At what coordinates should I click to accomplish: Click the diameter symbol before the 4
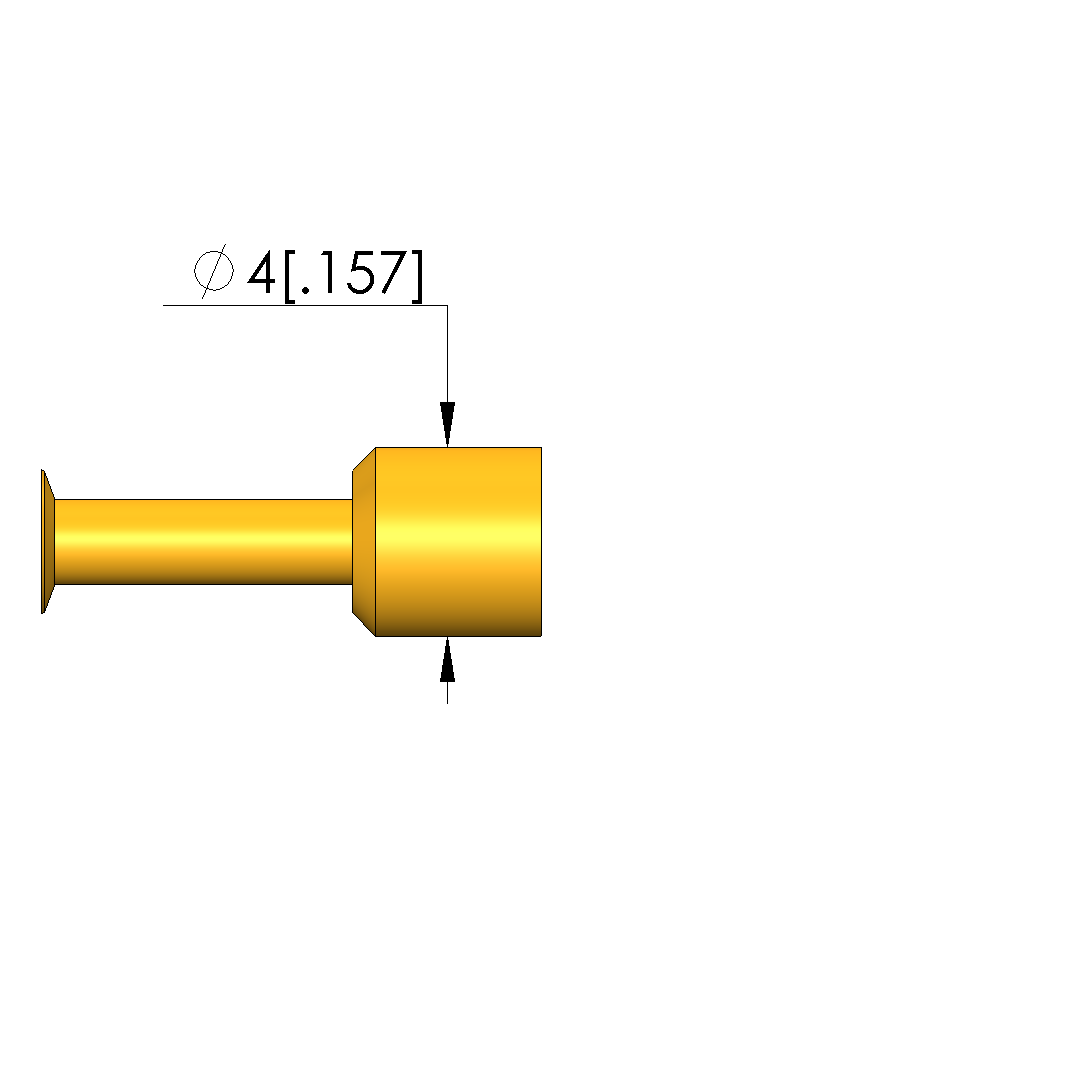213,271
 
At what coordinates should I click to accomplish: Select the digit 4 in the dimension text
261,272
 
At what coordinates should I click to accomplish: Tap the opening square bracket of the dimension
289,276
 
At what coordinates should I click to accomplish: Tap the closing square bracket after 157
416,276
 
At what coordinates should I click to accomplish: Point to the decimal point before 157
306,289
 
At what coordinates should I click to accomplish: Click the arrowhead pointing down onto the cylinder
447,424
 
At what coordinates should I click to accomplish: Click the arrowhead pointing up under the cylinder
447,659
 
